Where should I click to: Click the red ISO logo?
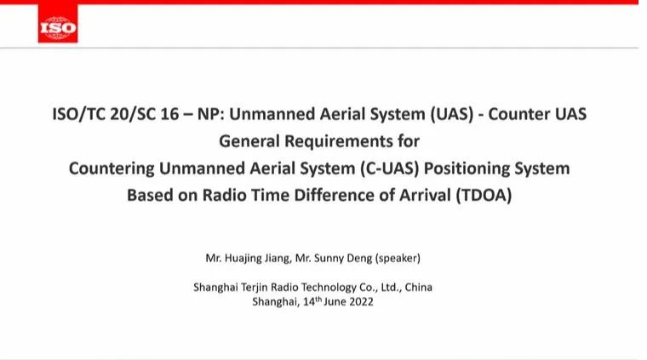58,23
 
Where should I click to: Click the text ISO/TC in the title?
78,114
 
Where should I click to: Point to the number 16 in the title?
169,114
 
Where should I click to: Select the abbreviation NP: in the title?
210,114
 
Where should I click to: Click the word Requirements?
339,141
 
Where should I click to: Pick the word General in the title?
249,141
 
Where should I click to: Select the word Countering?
111,169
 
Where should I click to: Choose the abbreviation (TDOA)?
484,195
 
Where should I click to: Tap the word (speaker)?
398,258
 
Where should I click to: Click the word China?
418,287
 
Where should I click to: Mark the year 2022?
361,301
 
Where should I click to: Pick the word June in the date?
335,301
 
